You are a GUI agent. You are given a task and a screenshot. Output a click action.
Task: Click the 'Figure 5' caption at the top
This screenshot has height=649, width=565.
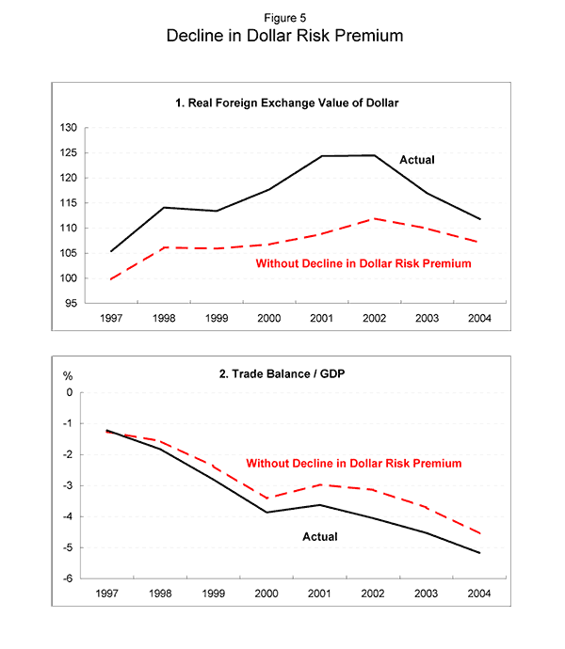point(282,16)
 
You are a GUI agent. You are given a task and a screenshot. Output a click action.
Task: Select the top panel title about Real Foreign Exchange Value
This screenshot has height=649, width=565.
point(282,102)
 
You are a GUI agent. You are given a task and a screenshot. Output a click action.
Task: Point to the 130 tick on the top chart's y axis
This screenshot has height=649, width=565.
point(68,128)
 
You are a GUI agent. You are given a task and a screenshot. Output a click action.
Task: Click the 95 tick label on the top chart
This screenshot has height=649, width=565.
point(71,304)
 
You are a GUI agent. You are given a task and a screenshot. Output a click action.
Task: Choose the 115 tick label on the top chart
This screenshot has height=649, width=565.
point(68,203)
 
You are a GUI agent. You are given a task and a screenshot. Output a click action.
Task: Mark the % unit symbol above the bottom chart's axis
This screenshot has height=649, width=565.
point(67,376)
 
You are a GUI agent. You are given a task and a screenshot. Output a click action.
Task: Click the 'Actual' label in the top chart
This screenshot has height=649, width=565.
point(417,160)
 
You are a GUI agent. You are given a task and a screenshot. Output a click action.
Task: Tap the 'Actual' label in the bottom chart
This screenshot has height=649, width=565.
point(319,537)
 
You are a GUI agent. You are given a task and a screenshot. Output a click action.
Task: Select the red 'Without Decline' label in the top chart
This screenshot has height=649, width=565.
point(363,263)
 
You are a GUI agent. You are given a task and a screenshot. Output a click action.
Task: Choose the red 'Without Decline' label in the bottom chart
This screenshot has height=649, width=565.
point(354,463)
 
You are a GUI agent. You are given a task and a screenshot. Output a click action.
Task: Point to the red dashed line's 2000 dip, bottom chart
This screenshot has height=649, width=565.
point(271,499)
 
